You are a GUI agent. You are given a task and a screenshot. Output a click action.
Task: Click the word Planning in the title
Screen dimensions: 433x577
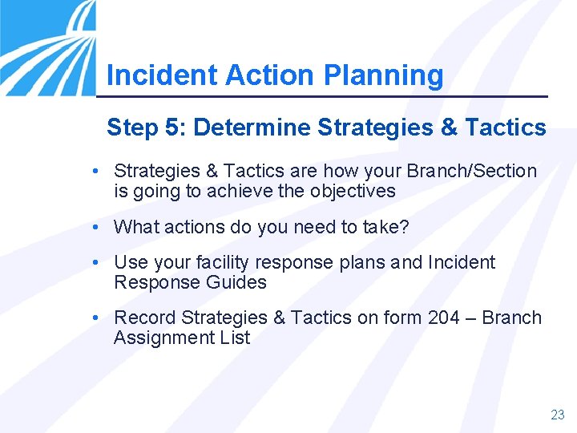coord(383,75)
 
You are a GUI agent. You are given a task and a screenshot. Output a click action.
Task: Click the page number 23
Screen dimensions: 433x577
coord(557,415)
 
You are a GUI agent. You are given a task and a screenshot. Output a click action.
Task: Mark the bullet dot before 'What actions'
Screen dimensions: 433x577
coord(95,227)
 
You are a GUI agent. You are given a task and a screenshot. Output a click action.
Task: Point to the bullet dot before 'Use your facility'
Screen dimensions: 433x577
coord(95,262)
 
